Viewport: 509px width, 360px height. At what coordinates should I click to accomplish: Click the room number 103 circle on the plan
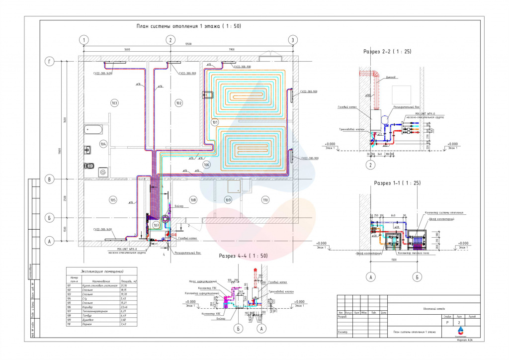point(114,103)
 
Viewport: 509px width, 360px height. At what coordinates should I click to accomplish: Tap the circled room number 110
point(265,200)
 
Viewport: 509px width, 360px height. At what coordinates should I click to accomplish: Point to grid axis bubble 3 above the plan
point(293,40)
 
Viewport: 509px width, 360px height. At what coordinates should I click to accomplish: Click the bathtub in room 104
point(93,130)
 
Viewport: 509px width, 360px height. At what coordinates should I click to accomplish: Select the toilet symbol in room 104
point(89,165)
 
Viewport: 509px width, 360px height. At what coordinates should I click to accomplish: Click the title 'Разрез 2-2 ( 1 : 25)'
point(387,51)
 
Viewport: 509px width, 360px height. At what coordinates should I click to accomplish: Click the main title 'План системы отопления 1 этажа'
point(188,26)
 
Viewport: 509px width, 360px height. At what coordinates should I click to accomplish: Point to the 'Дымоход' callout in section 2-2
point(391,77)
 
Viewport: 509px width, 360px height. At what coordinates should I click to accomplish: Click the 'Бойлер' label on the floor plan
point(179,205)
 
